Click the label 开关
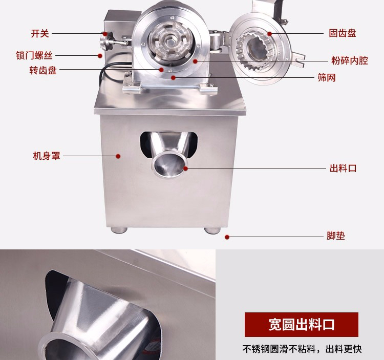40,34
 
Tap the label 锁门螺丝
34,56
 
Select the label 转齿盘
43,70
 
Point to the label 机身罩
47,156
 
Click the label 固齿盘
343,33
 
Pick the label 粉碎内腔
350,60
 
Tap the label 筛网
327,78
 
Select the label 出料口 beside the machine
343,168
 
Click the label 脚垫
336,236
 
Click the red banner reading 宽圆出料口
302,325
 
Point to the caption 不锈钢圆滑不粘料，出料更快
302,349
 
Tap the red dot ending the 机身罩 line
118,156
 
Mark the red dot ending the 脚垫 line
227,237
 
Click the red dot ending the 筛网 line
173,78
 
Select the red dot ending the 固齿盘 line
270,34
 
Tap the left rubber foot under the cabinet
119,230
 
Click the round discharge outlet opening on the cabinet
169,164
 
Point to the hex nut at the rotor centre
169,40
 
